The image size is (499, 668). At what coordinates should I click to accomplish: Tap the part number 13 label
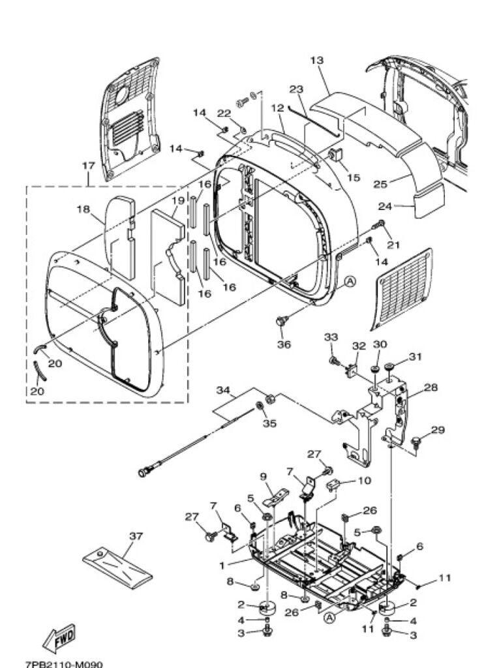click(316, 61)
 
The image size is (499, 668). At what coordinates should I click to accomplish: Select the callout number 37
click(136, 536)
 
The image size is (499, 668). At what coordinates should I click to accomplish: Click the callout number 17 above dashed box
click(88, 165)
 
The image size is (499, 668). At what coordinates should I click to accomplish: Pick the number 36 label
click(284, 344)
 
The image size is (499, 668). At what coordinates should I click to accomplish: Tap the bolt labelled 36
click(282, 321)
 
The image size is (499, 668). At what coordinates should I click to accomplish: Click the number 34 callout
click(223, 390)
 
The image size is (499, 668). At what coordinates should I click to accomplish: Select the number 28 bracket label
click(431, 387)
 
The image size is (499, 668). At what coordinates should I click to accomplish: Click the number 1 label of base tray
click(222, 566)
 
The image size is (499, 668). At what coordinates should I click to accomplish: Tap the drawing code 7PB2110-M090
click(64, 664)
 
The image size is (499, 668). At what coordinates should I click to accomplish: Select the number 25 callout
click(380, 184)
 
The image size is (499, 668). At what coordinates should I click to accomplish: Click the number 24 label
click(386, 207)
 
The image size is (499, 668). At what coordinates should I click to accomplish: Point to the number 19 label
click(177, 200)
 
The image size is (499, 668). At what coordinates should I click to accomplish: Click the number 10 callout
click(364, 481)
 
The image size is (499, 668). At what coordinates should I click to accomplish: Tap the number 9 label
click(262, 476)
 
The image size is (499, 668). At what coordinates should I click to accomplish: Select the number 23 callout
click(296, 89)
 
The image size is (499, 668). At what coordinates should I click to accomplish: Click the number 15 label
click(354, 177)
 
